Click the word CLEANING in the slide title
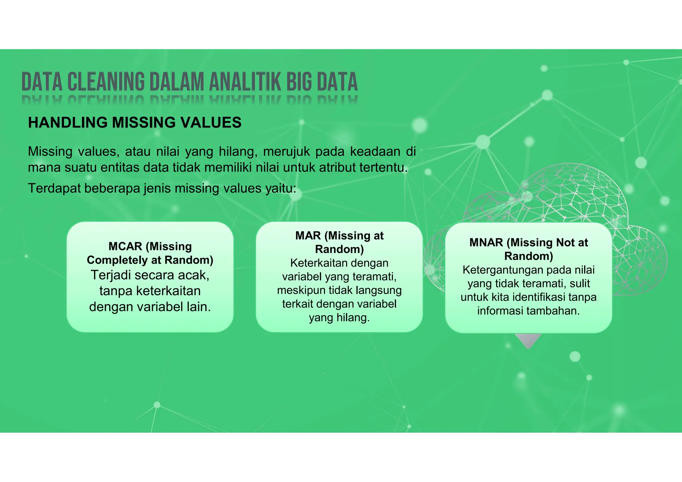pyautogui.click(x=106, y=82)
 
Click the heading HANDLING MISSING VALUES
pyautogui.click(x=135, y=122)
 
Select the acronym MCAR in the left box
pyautogui.click(x=125, y=246)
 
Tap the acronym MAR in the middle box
pyautogui.click(x=308, y=236)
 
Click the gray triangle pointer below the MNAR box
pyautogui.click(x=528, y=340)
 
